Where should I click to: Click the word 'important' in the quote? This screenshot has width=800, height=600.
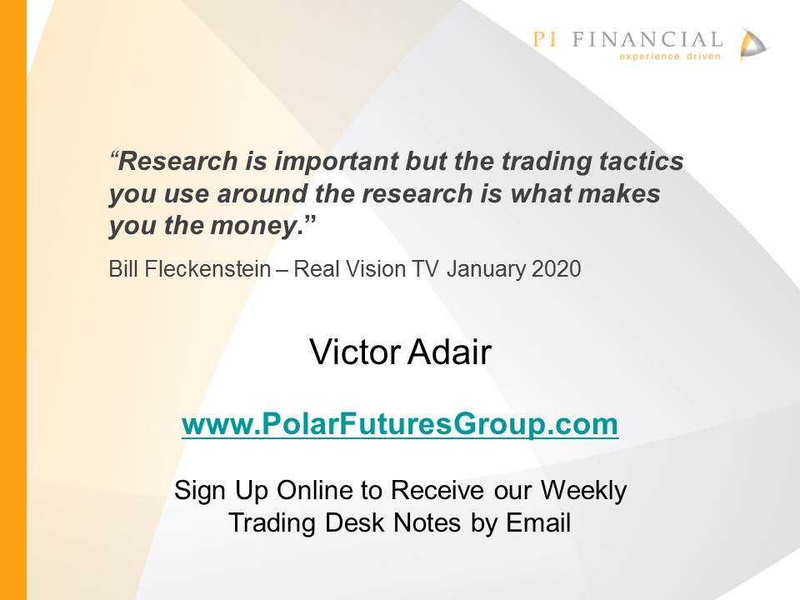click(336, 162)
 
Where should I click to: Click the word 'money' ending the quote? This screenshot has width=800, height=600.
click(253, 226)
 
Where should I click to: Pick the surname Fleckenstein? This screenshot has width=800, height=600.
click(207, 269)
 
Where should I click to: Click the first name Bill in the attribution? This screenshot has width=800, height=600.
click(123, 269)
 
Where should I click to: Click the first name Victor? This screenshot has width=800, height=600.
click(355, 352)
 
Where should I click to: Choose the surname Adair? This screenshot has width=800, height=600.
click(449, 352)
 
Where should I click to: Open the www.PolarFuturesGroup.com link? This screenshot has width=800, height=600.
click(400, 424)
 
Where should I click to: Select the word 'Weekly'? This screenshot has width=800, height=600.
click(583, 491)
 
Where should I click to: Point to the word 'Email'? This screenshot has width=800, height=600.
click(538, 523)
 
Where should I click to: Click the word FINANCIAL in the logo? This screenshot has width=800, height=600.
click(647, 39)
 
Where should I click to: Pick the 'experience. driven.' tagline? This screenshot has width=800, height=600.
click(671, 56)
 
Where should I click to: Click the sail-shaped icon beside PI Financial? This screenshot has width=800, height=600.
click(752, 45)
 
